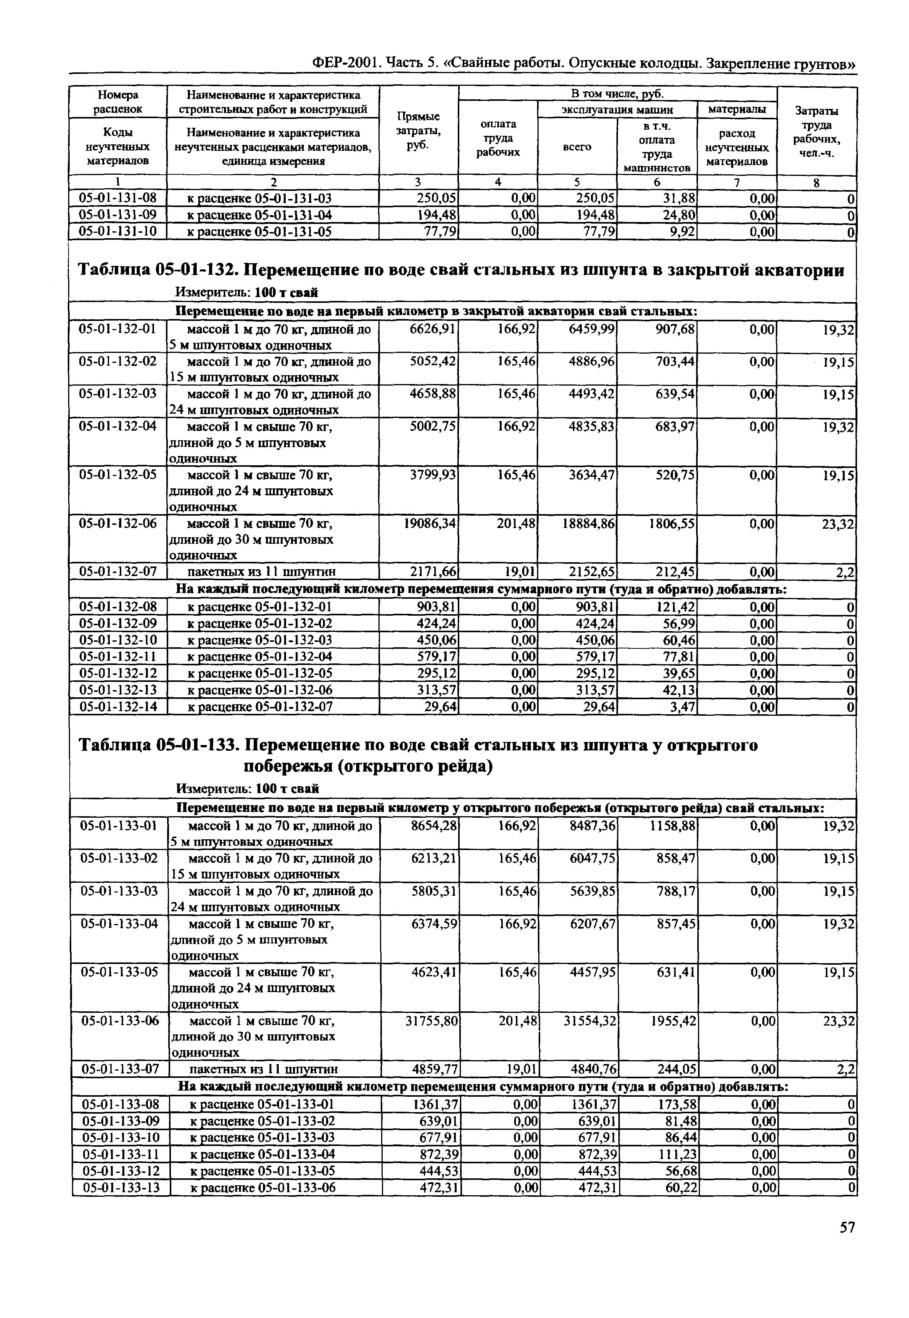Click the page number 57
click(847, 1243)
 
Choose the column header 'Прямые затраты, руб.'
click(418, 131)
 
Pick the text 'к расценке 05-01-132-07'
click(260, 707)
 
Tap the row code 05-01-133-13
click(120, 1188)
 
